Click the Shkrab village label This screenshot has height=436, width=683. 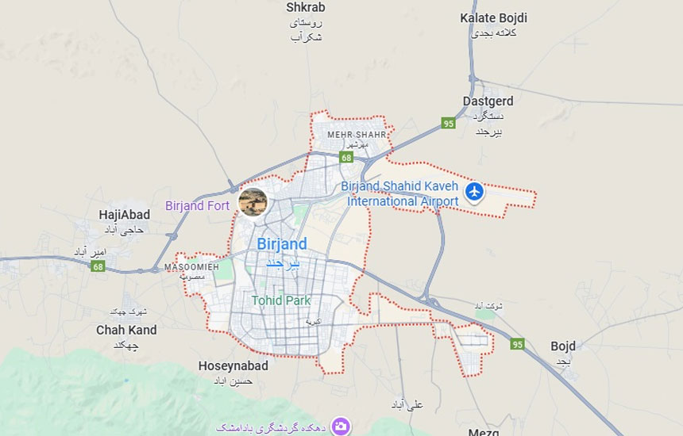[x=306, y=8]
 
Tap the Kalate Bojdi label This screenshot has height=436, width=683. [x=493, y=17]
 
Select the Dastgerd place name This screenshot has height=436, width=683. [x=488, y=101]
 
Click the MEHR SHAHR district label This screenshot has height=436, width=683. [x=357, y=135]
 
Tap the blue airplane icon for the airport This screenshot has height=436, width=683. [x=475, y=191]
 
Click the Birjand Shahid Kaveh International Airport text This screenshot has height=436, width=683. [x=403, y=194]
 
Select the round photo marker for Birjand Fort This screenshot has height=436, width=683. [x=253, y=202]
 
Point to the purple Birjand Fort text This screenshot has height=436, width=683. [x=197, y=205]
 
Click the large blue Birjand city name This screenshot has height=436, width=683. [x=281, y=244]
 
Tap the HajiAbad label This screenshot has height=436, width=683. [x=124, y=215]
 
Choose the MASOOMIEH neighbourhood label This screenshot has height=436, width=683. [x=191, y=267]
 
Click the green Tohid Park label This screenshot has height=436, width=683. [x=281, y=300]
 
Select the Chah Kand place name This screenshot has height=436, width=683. [x=126, y=330]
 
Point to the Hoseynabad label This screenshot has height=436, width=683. [x=233, y=366]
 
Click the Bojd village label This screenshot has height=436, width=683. [x=562, y=346]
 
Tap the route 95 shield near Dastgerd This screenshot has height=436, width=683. [x=449, y=124]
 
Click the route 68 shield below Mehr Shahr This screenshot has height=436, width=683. [x=346, y=158]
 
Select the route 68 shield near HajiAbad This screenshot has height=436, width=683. [x=98, y=266]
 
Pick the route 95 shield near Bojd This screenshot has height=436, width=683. [x=518, y=344]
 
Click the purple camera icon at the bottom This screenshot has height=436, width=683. [x=341, y=426]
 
